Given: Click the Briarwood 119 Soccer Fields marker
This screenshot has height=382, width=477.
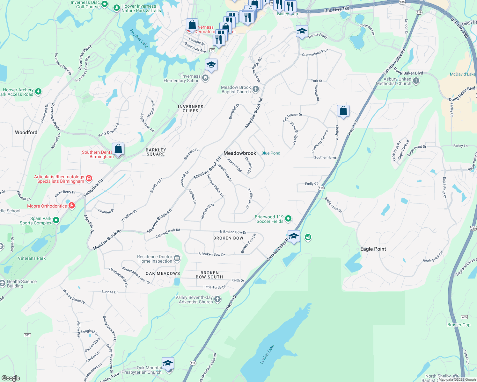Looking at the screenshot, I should coord(288,218).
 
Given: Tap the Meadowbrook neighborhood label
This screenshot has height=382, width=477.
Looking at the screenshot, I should coord(240,153).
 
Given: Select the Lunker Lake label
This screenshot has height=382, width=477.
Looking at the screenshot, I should coord(267,354).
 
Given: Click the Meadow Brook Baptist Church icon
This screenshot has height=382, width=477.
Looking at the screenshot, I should coord(256,89).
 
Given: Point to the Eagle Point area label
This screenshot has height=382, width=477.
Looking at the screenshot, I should coord(373,249).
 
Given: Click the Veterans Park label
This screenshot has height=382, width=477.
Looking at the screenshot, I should coord(32,258).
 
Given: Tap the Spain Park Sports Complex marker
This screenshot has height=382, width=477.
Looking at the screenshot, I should coord(56,220).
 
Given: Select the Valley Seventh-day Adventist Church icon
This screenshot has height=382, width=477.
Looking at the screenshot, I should coord(217,299).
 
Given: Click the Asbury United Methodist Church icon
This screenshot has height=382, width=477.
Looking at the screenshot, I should coord(416,81).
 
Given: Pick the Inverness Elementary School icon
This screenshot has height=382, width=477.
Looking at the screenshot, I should coord(205,78).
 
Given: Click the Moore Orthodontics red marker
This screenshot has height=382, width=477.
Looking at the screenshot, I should coord(72,206).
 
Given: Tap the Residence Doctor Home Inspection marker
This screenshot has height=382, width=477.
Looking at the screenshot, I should coord(177,258).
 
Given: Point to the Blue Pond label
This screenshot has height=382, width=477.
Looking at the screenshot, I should coord(271,153).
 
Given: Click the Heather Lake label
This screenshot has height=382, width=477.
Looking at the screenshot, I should coord(139,39).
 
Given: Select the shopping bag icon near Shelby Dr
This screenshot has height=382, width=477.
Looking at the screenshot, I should coord(343,111).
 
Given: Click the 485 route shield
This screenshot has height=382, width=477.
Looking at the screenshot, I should coord(464,317).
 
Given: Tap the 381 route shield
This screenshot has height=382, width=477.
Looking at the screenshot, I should coord(27,335).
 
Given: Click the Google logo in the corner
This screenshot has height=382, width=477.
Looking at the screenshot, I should coord(11,378).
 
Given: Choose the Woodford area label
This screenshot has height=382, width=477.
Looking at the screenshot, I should coord(26,132).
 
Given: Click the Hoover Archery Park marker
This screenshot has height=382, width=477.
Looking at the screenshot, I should coord(38,92).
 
